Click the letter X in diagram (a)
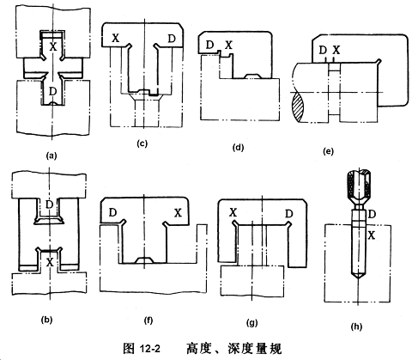(x=53, y=46)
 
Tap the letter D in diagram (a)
(x=52, y=91)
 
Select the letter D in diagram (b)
(x=50, y=204)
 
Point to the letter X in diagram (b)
(x=50, y=262)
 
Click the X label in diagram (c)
(x=115, y=38)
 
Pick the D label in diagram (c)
(x=171, y=38)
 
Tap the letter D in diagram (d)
(x=210, y=45)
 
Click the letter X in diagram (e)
(x=336, y=50)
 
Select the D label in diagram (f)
(x=112, y=212)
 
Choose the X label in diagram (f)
(x=178, y=213)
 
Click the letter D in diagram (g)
(x=289, y=213)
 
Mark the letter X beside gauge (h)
(x=372, y=235)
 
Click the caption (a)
(x=51, y=156)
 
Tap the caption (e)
(x=328, y=151)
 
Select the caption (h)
(x=356, y=326)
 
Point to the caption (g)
(x=251, y=323)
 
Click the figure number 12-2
(x=150, y=349)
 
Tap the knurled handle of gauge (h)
(x=359, y=186)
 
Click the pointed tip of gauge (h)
(x=358, y=279)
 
